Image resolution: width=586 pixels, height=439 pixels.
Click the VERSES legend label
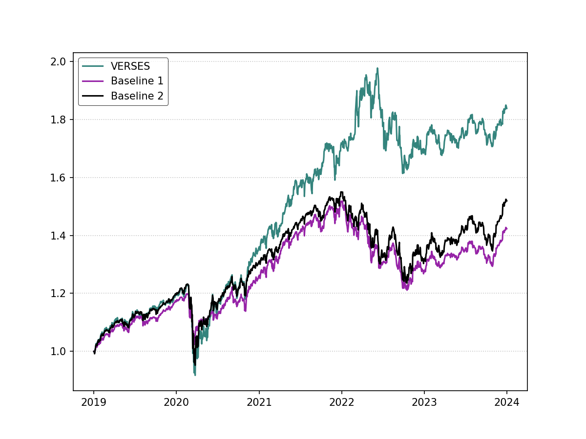130,66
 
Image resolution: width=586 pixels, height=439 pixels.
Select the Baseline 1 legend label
137,81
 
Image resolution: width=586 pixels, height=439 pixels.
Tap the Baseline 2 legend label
137,96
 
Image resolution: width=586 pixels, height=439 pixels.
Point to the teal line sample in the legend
93,66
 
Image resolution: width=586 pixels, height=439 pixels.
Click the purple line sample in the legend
93,81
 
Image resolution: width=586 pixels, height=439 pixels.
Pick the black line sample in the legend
93,96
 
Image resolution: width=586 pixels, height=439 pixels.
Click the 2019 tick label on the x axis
94,403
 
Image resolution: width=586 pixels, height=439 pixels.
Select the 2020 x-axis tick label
176,403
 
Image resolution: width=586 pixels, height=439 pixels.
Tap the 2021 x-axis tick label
259,403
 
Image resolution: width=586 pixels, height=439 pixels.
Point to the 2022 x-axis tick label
342,403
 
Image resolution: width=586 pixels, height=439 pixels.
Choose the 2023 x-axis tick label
424,403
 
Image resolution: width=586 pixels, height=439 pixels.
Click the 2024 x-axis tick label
507,403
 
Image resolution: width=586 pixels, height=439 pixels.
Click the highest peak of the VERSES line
377,68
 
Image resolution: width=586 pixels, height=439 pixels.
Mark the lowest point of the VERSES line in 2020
195,375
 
